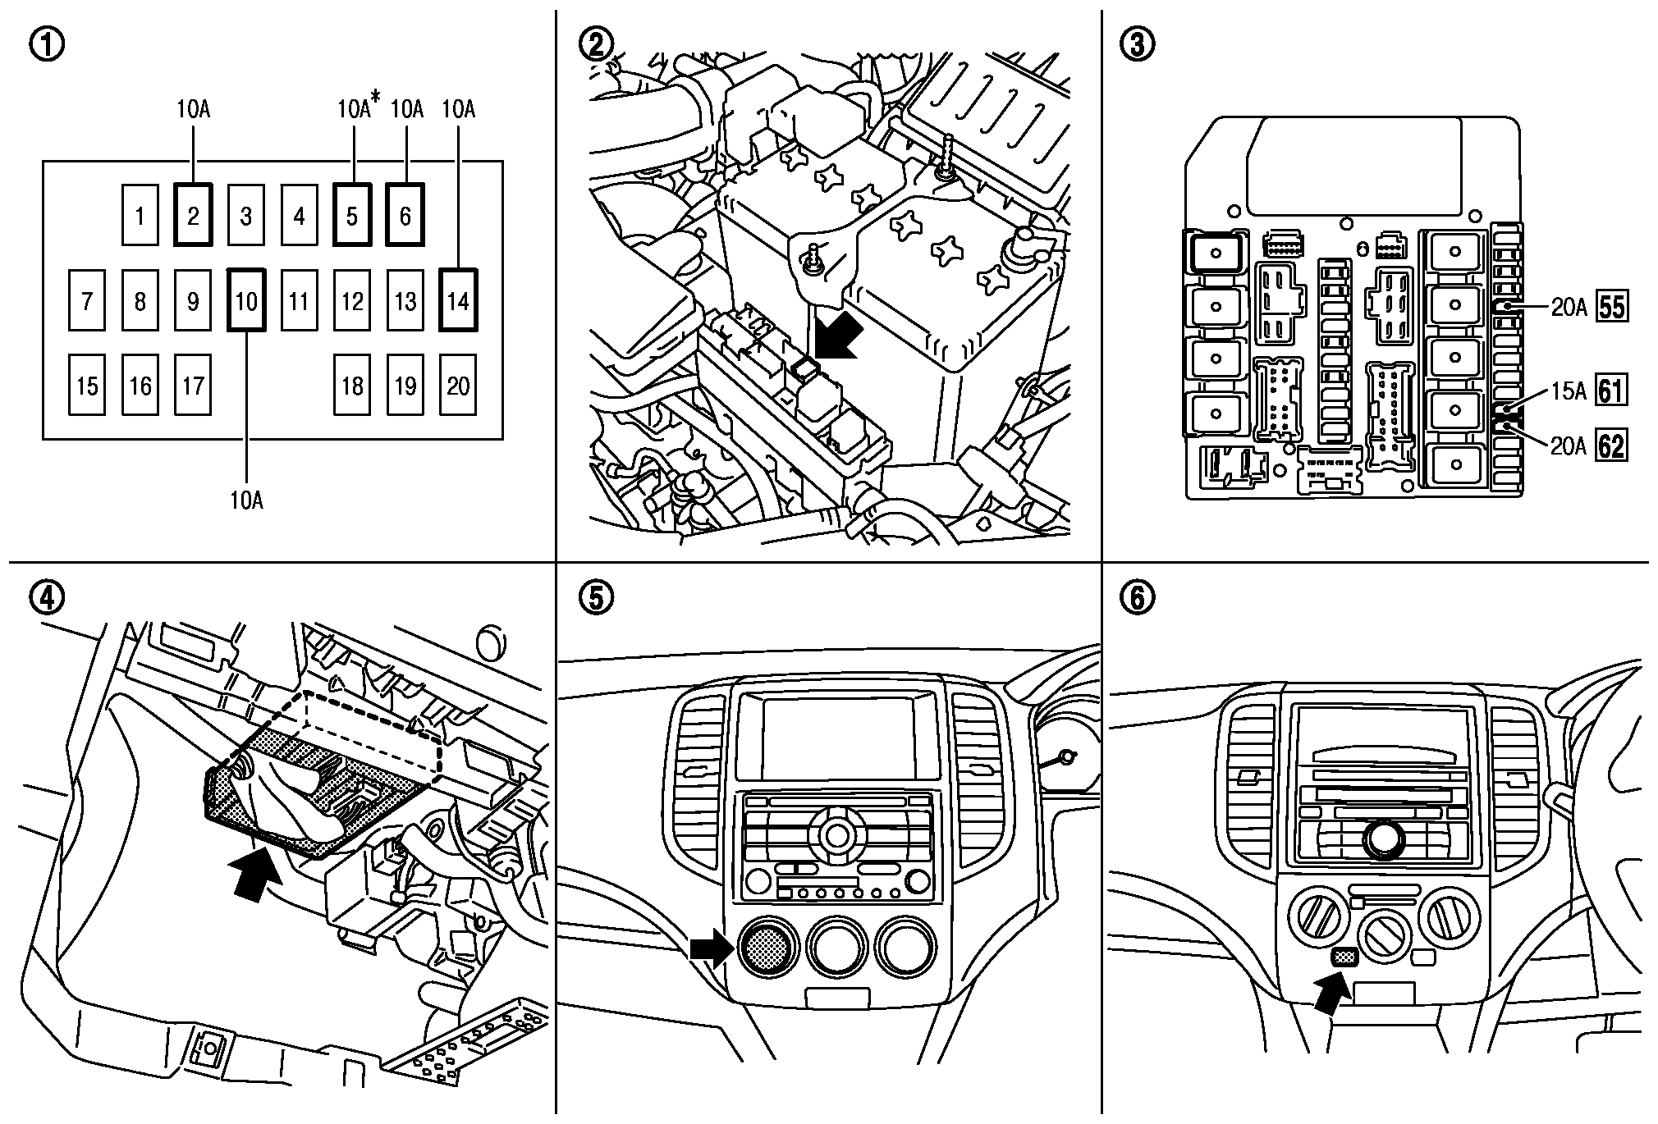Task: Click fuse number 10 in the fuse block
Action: pos(246,301)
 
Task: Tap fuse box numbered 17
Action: pos(193,386)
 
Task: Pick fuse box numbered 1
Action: pos(140,216)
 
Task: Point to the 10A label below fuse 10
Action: pos(246,500)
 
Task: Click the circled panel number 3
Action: pos(1138,44)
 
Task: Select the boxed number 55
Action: pos(1611,308)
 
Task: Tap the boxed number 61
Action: pos(1611,391)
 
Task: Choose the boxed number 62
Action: pos(1611,446)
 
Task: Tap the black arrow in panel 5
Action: pos(708,948)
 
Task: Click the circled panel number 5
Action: pos(595,598)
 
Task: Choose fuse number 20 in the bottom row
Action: pos(458,386)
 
